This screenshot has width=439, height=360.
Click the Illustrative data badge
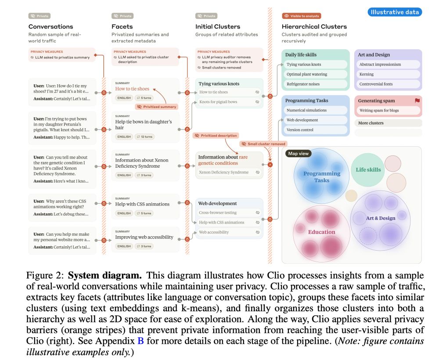click(395, 12)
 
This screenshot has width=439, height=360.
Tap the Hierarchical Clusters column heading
click(314, 27)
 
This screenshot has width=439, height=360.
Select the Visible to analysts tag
click(302, 16)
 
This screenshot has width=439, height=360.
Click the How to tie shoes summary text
click(132, 89)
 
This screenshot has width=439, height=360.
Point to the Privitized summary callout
click(156, 107)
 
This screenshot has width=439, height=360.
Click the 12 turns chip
click(144, 137)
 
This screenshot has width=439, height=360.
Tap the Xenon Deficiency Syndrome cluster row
click(223, 172)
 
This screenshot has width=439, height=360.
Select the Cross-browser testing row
click(218, 212)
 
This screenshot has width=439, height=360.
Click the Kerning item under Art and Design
click(366, 74)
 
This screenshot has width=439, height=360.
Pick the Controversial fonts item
click(376, 84)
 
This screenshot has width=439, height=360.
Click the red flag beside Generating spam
click(417, 101)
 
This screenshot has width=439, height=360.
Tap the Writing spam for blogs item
click(379, 110)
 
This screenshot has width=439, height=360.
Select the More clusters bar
click(388, 123)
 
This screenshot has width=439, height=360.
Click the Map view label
click(299, 154)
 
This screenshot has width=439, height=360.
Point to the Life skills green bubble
click(368, 169)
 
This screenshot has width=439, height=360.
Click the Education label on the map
click(321, 232)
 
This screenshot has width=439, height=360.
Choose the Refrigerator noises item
click(303, 84)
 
